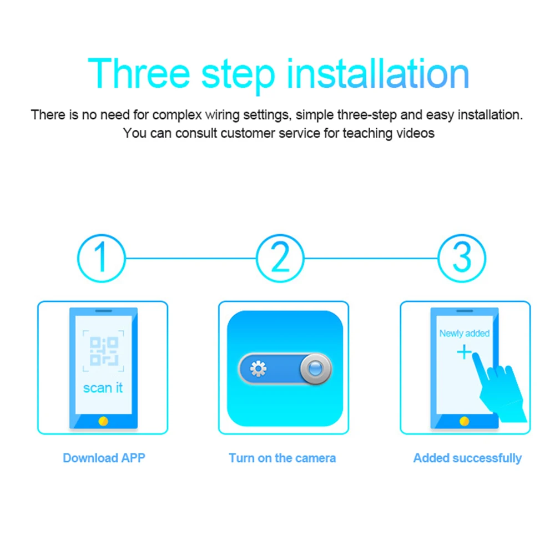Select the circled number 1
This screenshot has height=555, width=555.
(x=100, y=258)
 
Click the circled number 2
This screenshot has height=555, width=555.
(x=281, y=258)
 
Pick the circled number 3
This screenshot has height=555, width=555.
(x=462, y=258)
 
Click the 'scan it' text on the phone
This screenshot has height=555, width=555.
(x=103, y=387)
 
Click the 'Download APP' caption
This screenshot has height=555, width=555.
(x=104, y=458)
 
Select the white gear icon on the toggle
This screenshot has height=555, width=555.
(x=258, y=369)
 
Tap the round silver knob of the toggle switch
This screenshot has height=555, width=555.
(x=315, y=369)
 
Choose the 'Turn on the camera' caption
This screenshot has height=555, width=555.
(x=282, y=458)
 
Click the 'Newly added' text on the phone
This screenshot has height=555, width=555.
(x=464, y=334)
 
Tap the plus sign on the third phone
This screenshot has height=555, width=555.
(x=463, y=352)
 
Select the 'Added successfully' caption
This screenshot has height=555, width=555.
(x=467, y=458)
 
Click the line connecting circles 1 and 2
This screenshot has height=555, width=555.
(x=190, y=258)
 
